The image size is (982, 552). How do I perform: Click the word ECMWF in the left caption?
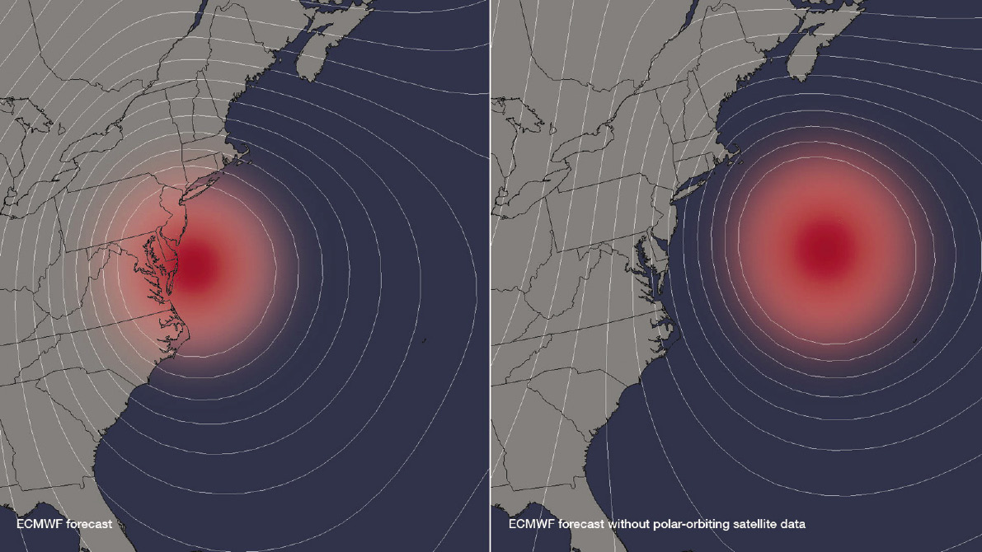click(x=39, y=523)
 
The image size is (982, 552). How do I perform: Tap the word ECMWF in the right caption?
click(x=531, y=523)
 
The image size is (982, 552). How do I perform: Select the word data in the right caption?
click(x=793, y=523)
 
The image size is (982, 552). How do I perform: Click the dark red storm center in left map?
click(x=196, y=265)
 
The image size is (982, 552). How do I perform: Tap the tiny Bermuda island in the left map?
click(x=423, y=340)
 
